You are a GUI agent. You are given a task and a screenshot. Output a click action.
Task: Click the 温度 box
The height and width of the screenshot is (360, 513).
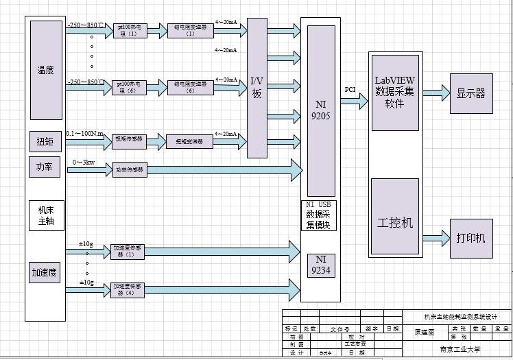click(x=47, y=70)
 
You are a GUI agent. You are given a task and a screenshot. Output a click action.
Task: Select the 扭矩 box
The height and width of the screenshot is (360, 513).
click(x=45, y=143)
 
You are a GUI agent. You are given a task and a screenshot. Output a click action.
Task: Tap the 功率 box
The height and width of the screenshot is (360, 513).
click(x=45, y=167)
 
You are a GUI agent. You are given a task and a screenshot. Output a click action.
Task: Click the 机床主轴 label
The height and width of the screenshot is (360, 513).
click(x=46, y=216)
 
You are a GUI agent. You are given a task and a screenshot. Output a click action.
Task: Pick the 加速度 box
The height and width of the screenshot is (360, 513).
click(x=45, y=272)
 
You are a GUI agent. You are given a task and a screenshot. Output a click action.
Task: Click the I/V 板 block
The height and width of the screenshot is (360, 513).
click(x=256, y=88)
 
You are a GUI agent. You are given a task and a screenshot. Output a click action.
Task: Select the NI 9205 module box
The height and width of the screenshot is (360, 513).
click(x=321, y=111)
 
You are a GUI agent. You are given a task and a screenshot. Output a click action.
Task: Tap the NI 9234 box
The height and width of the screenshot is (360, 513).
click(x=321, y=265)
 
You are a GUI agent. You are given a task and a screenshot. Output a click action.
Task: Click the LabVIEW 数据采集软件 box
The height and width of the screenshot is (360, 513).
click(x=394, y=92)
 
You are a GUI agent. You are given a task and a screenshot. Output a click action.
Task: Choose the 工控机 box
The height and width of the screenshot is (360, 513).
click(x=394, y=224)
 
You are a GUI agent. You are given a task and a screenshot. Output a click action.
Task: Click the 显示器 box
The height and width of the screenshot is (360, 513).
click(x=470, y=93)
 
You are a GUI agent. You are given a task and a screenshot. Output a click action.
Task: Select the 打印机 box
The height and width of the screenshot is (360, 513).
click(x=470, y=238)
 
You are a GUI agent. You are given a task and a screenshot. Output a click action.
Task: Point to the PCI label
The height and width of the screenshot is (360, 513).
click(x=350, y=90)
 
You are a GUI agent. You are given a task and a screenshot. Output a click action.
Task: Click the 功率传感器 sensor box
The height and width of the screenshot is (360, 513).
click(x=130, y=169)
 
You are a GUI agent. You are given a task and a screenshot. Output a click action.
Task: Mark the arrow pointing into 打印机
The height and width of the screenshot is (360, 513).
click(x=435, y=238)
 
